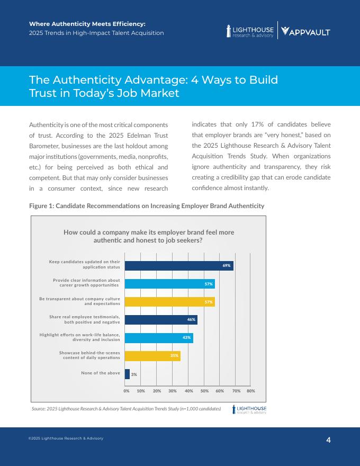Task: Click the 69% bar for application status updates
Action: [x=179, y=265]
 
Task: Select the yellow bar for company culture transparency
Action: [x=169, y=302]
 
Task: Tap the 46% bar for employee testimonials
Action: [x=161, y=320]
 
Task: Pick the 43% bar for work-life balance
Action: [x=159, y=338]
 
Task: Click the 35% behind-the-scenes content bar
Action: [x=152, y=356]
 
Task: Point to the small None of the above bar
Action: [x=127, y=374]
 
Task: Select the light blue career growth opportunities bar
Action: [x=169, y=284]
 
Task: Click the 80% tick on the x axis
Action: [x=251, y=391]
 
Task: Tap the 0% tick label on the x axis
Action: [x=127, y=391]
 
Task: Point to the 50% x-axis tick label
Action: [x=204, y=391]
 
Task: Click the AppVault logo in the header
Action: [x=305, y=32]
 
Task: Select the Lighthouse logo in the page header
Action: [x=250, y=32]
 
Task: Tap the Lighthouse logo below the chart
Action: [x=249, y=409]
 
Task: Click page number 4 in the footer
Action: [x=328, y=440]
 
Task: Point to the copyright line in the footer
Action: [x=66, y=438]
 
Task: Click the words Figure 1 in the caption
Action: [x=41, y=205]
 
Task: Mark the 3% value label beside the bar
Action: [x=134, y=374]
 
